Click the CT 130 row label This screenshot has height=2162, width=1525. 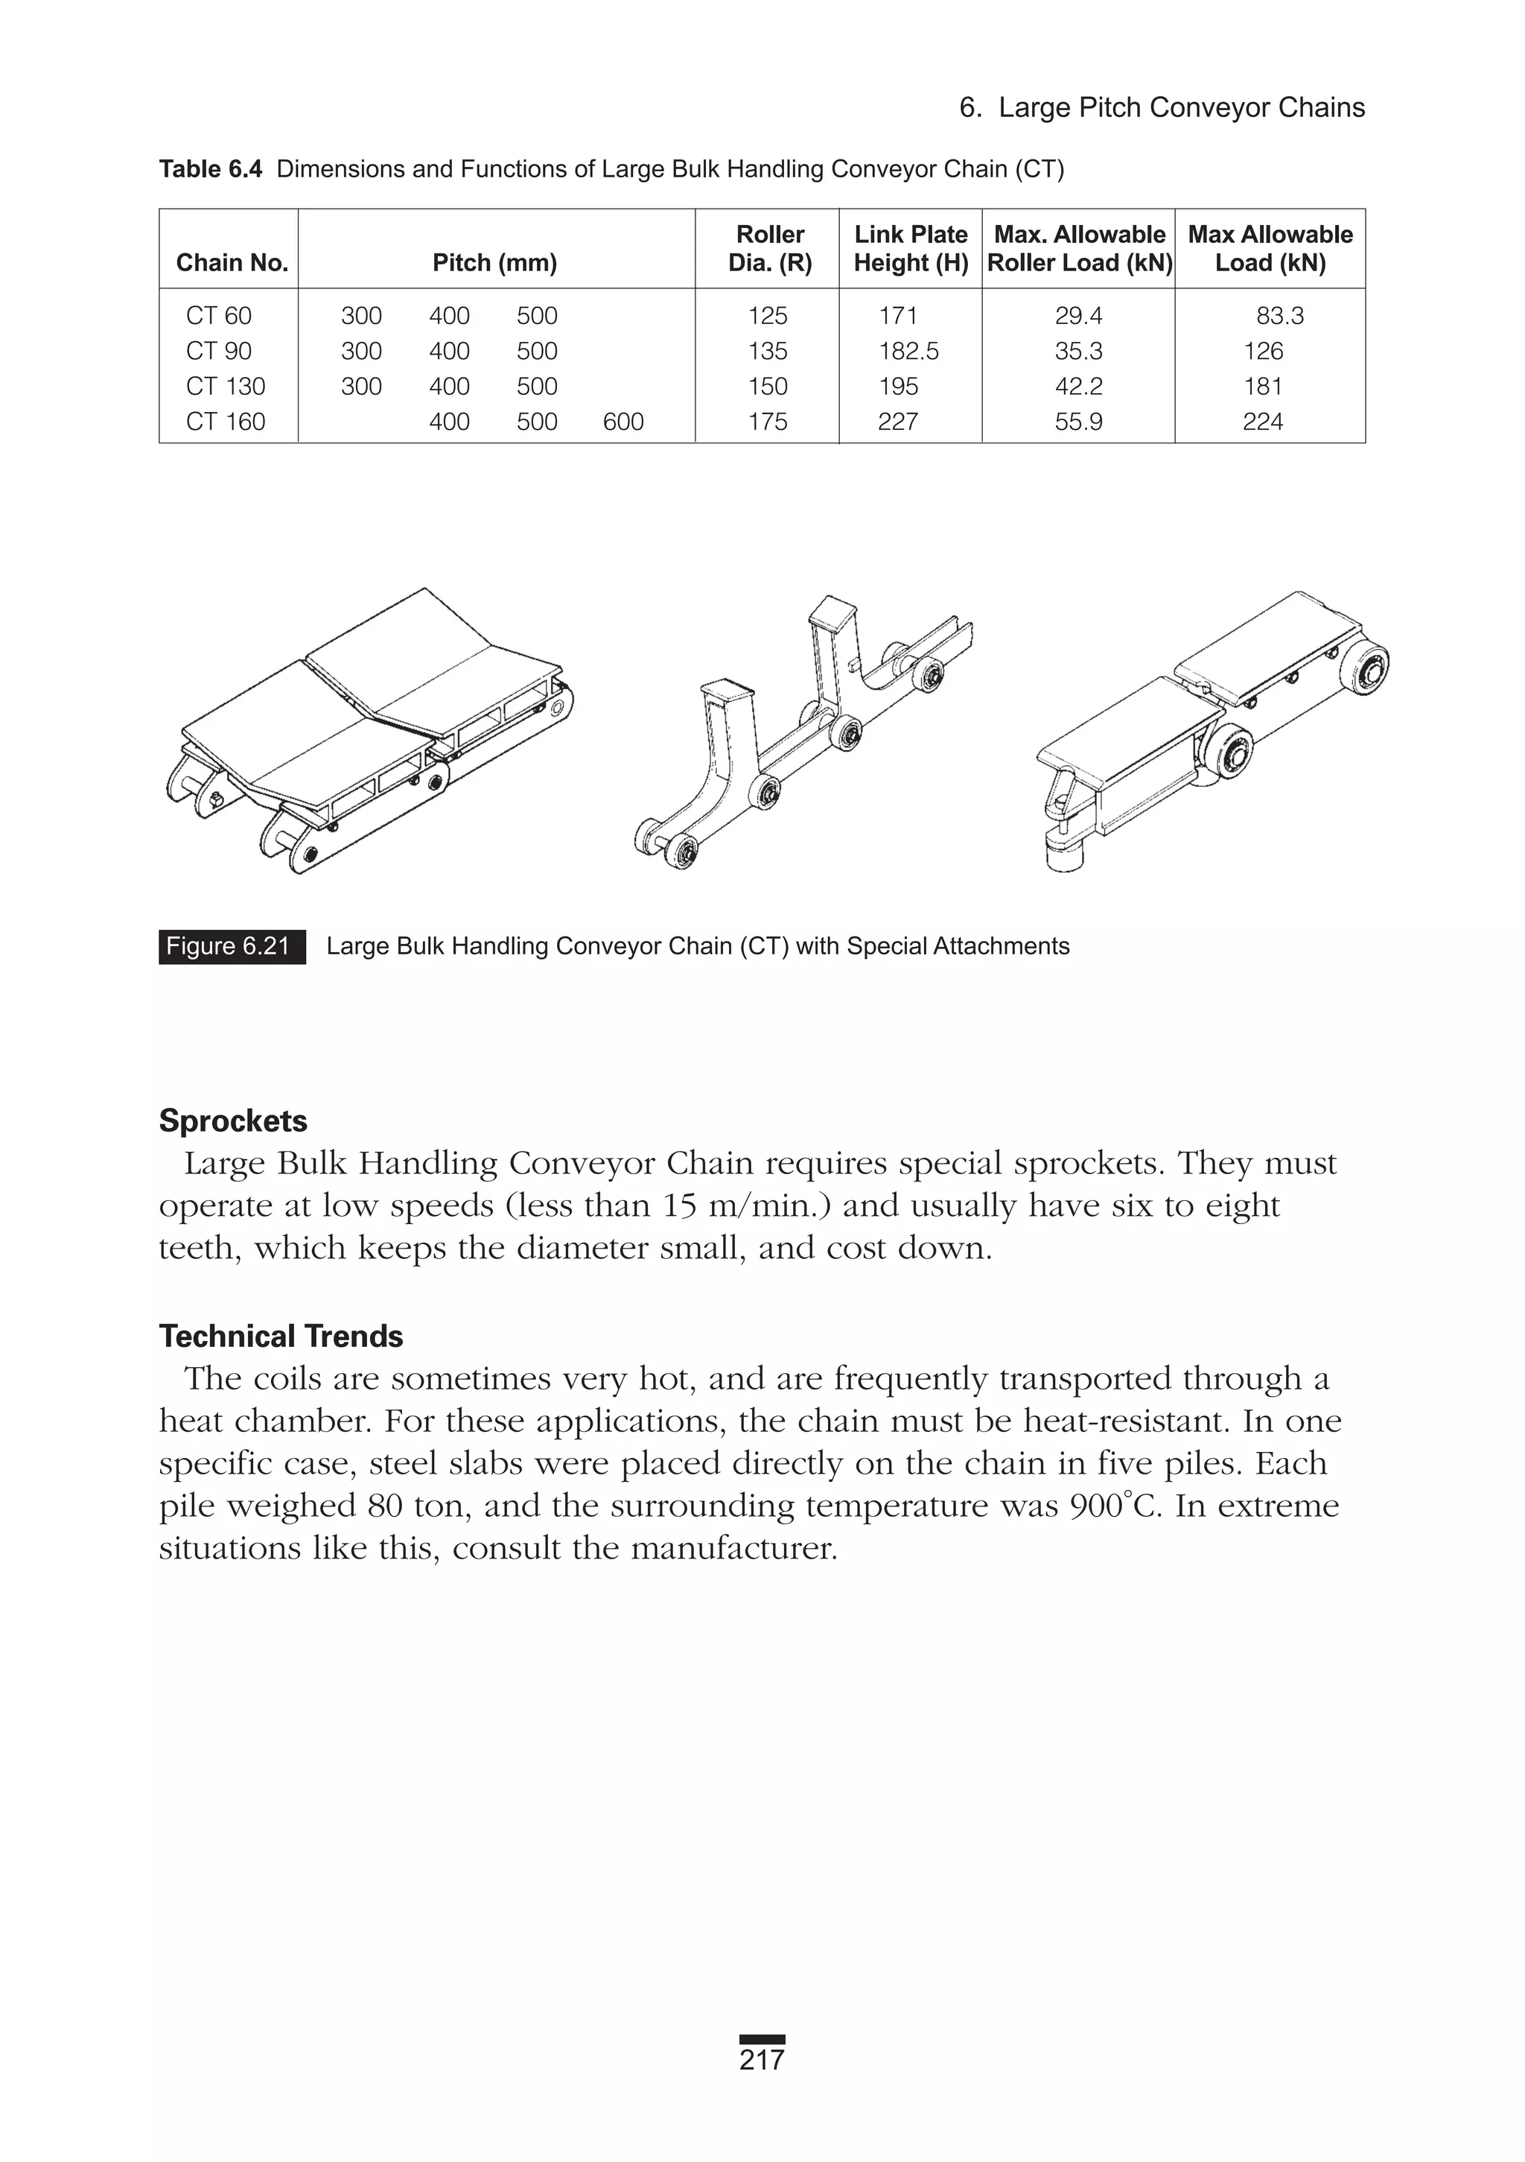pyautogui.click(x=225, y=386)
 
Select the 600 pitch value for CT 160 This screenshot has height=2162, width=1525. pyautogui.click(x=623, y=422)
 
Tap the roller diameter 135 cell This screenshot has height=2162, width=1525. pyautogui.click(x=767, y=351)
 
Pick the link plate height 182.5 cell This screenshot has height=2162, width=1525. pyautogui.click(x=908, y=351)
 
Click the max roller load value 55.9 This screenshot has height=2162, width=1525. pyautogui.click(x=1078, y=422)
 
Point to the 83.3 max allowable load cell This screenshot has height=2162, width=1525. pyautogui.click(x=1279, y=315)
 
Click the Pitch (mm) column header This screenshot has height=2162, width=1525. pyautogui.click(x=494, y=263)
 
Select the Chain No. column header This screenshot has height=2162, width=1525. pyautogui.click(x=232, y=263)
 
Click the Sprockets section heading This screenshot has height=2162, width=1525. pyautogui.click(x=232, y=1120)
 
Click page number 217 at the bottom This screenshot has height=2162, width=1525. pyautogui.click(x=762, y=2060)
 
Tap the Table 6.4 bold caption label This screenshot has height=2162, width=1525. pyautogui.click(x=210, y=170)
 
